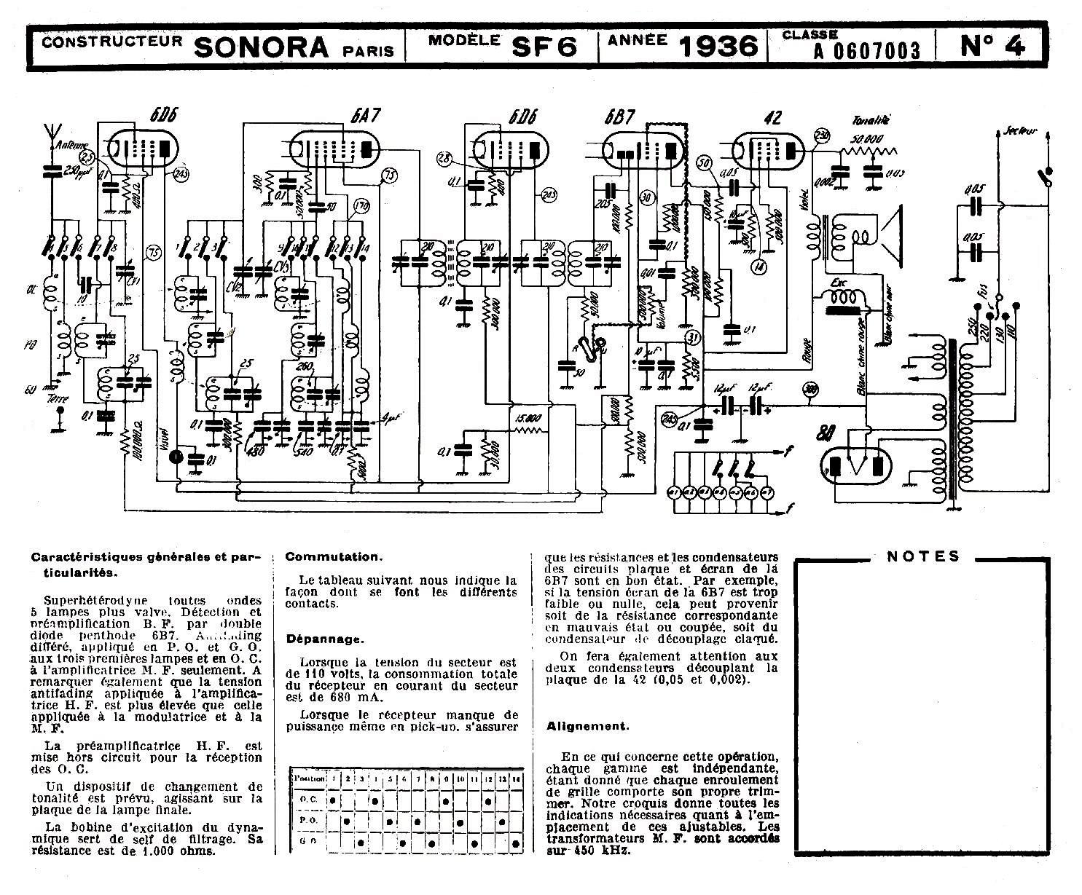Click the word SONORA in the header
click(262, 47)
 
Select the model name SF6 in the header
click(544, 47)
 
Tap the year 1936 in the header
click(718, 47)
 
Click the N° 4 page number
click(992, 46)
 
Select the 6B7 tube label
click(619, 117)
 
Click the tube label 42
click(774, 117)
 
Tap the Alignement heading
click(587, 726)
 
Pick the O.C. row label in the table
click(308, 799)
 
